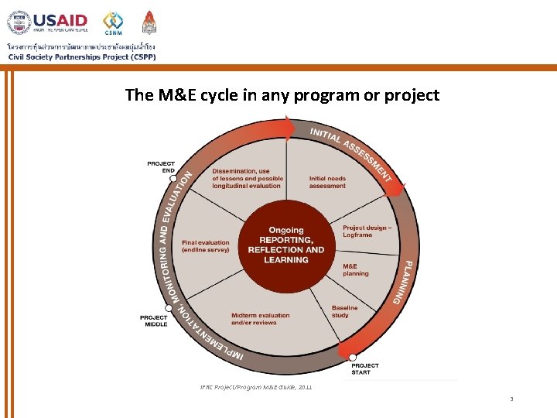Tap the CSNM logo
point(113,22)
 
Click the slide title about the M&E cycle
point(282,95)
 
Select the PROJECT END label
point(161,166)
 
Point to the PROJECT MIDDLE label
point(153,320)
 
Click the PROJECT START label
point(365,368)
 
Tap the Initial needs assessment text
point(327,182)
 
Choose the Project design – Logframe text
point(367,231)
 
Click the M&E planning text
point(356,269)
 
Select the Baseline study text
point(345,311)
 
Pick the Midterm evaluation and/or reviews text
point(260,319)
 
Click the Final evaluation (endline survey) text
point(205,246)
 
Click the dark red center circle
point(286,245)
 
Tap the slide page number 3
point(511,399)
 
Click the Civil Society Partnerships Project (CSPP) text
point(82,57)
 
